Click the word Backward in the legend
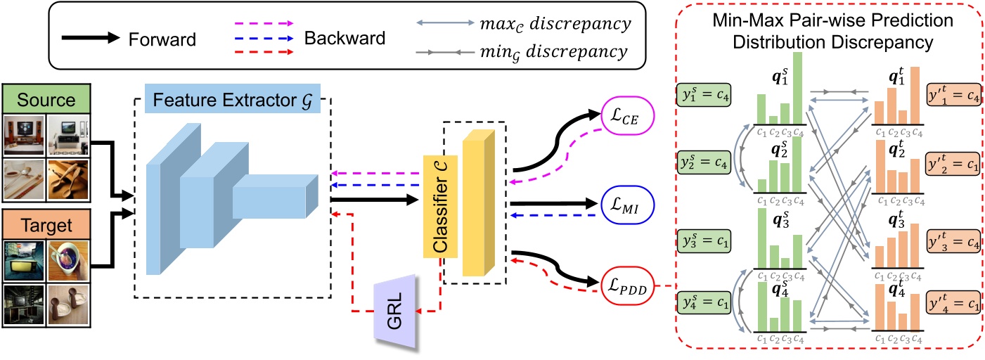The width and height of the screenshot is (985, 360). coord(345,37)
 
